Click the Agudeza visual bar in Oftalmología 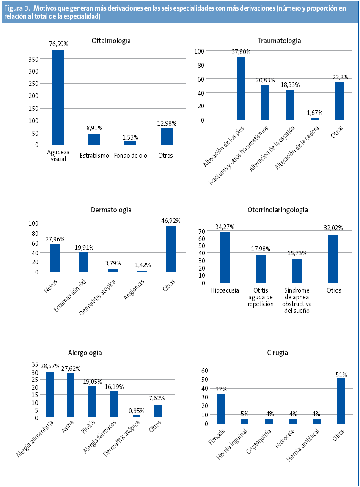[x=58, y=97]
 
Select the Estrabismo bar [x=94, y=139]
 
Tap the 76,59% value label [x=58, y=44]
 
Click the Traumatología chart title [x=279, y=41]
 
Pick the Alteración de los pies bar [x=241, y=89]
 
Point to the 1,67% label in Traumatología [x=314, y=112]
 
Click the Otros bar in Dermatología [x=170, y=249]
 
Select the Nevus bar [x=55, y=258]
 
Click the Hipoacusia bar [x=225, y=257]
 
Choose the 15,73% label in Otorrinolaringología [x=297, y=253]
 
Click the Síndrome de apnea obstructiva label [x=297, y=301]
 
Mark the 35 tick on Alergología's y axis [x=35, y=364]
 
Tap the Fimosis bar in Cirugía [x=221, y=409]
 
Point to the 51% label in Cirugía [x=341, y=375]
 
